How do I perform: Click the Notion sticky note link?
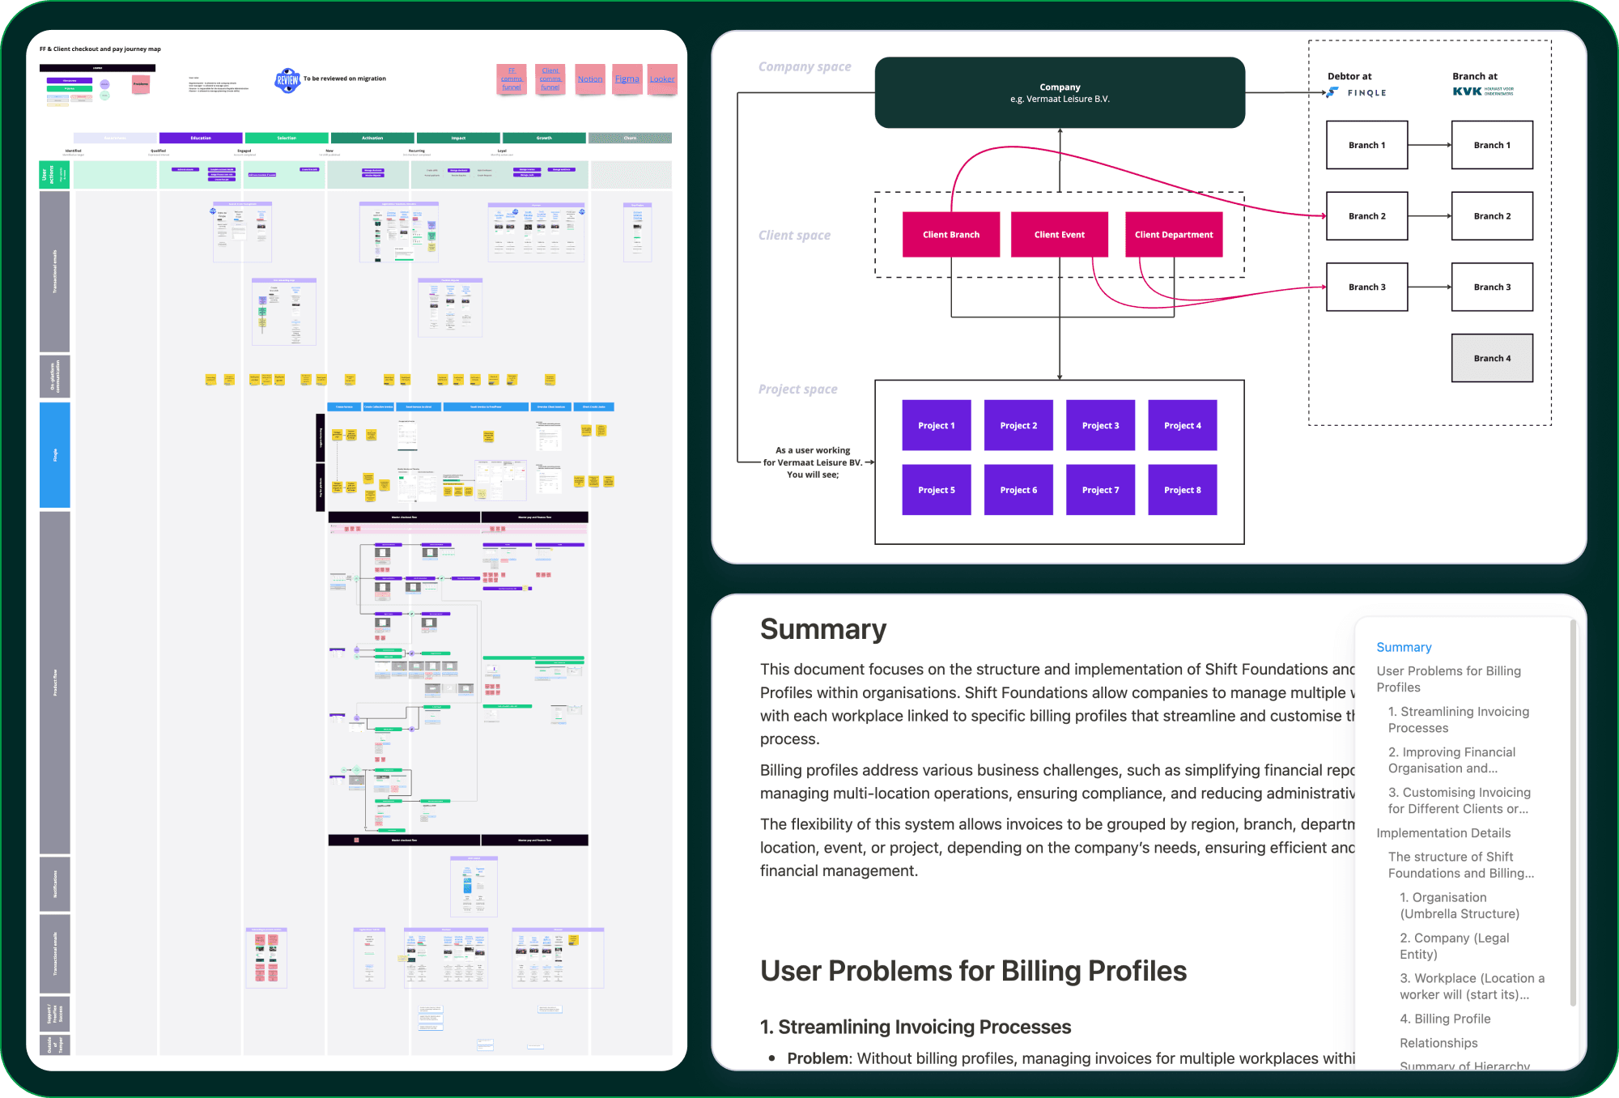(590, 79)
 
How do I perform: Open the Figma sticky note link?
(627, 79)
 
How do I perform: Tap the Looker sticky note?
(662, 79)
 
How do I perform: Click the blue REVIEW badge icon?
(287, 80)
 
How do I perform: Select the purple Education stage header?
(201, 138)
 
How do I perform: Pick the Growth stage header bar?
(544, 138)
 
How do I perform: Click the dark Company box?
(1060, 92)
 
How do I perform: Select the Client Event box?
(1059, 235)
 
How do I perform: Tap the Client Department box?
(1173, 235)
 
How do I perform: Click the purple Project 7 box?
(1100, 490)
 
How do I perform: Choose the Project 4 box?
(1182, 425)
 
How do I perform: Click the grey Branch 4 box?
(1491, 358)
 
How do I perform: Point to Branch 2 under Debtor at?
(1366, 216)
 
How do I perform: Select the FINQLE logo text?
(1366, 93)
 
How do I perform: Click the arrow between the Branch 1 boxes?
(1429, 145)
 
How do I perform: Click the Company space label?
(805, 66)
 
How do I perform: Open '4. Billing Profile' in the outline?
(1452, 1019)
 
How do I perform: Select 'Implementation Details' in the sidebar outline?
(1443, 832)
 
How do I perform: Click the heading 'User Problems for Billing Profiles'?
(973, 971)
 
